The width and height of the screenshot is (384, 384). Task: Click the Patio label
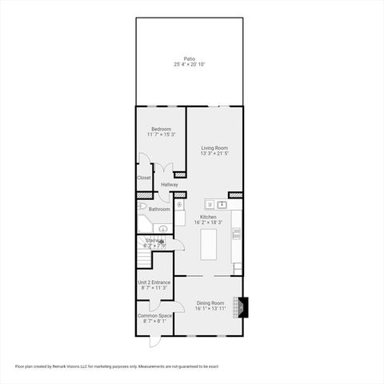click(189, 58)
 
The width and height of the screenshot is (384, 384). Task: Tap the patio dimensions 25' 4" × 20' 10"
click(189, 64)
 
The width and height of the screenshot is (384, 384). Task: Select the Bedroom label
click(161, 129)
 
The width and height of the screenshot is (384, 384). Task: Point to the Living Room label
click(214, 147)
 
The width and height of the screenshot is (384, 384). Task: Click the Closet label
click(144, 178)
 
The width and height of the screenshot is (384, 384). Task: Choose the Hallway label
click(170, 185)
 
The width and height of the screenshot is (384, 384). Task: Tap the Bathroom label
click(159, 209)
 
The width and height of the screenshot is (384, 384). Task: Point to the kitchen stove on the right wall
click(237, 234)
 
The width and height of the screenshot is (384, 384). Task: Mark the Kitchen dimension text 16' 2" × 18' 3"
click(209, 222)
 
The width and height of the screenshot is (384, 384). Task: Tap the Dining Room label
click(210, 302)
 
